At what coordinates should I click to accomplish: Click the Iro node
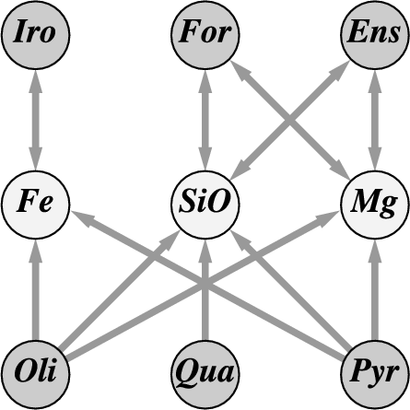coord(35,35)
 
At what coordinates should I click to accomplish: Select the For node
coord(205,35)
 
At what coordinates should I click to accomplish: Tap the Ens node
coord(375,35)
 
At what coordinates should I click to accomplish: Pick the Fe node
coord(35,205)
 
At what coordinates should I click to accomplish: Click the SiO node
coord(205,205)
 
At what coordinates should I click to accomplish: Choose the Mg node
coord(375,205)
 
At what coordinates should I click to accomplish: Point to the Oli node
coord(35,375)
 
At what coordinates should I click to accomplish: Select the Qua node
coord(205,375)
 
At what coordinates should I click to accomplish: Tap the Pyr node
coord(375,375)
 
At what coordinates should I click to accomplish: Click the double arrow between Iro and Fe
coord(35,120)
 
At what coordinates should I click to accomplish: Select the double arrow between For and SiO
coord(205,120)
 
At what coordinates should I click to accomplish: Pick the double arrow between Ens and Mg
coord(375,120)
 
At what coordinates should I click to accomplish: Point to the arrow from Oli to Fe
coord(35,290)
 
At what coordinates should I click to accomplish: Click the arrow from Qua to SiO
coord(205,290)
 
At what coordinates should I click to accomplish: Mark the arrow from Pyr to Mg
coord(375,290)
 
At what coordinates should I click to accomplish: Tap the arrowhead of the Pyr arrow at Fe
coord(82,218)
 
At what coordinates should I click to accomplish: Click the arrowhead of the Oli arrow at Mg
coord(328,218)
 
